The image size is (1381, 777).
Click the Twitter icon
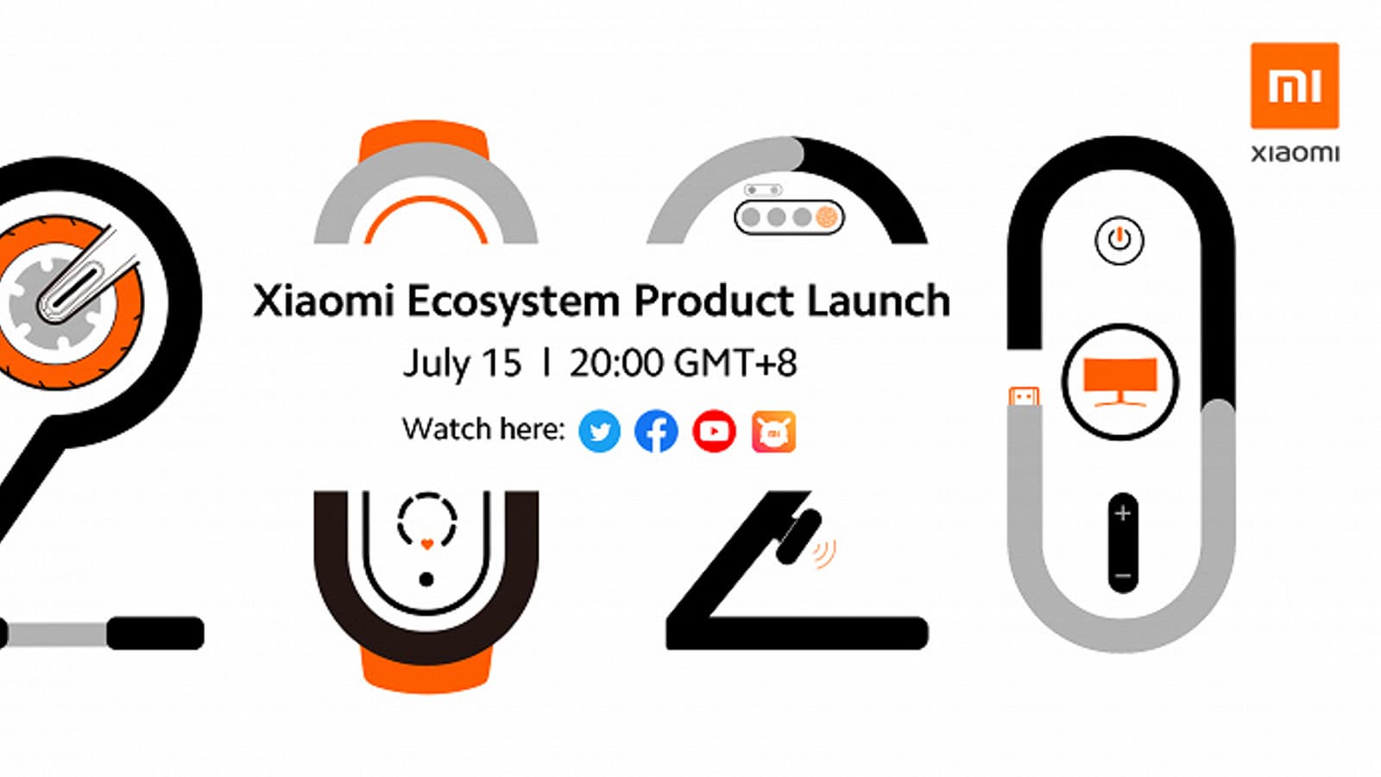click(x=599, y=431)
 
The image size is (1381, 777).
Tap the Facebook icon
click(x=656, y=431)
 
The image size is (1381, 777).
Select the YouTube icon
click(x=714, y=431)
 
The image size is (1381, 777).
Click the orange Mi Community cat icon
click(x=773, y=431)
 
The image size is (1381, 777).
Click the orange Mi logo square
click(x=1294, y=85)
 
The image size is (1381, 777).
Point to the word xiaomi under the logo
click(x=1295, y=154)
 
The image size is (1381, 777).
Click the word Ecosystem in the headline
click(x=513, y=302)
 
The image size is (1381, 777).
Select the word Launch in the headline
click(x=878, y=301)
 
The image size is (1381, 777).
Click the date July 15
click(x=462, y=363)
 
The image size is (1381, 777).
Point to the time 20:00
click(x=616, y=363)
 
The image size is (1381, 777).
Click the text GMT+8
click(x=735, y=363)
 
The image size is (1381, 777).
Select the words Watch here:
click(x=483, y=429)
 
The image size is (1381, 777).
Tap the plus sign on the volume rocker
click(x=1122, y=514)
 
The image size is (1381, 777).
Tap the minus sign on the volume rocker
click(x=1122, y=575)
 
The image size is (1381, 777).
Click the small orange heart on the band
click(x=426, y=545)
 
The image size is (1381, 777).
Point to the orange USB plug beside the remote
click(x=1024, y=396)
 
